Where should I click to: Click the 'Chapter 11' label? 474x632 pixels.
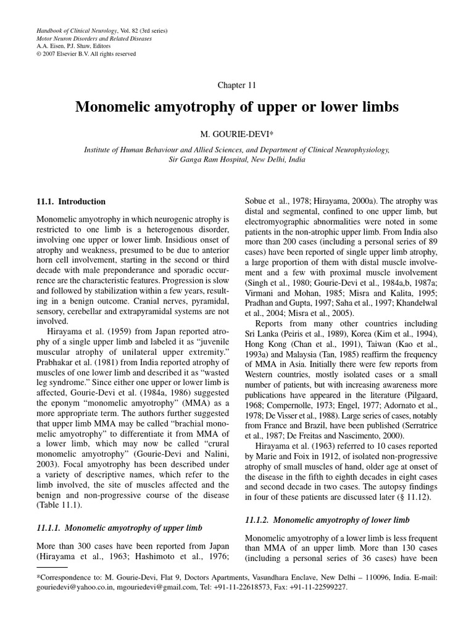pos(237,85)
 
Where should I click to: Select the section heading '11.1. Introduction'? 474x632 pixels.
pos(71,201)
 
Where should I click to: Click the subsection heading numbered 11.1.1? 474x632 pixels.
pos(117,528)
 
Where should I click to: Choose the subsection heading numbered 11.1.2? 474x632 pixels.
pos(327,520)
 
